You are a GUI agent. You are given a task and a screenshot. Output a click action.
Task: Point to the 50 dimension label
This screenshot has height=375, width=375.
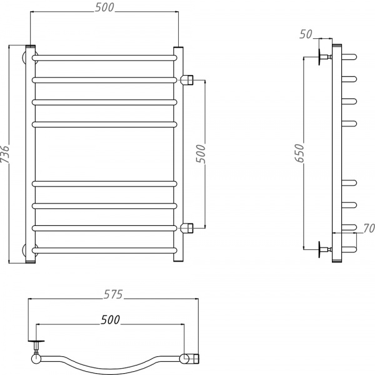click(x=306, y=34)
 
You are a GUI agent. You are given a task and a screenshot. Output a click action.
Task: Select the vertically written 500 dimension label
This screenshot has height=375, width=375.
click(x=201, y=153)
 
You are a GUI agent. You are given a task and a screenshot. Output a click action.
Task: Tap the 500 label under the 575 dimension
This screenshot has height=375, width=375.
click(x=110, y=319)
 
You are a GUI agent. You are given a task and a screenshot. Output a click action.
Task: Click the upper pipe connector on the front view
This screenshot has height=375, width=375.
click(x=188, y=80)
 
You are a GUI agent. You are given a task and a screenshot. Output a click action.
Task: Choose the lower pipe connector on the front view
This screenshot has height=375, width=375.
click(x=188, y=227)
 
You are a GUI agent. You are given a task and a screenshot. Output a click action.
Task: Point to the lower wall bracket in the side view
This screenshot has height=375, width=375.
click(x=324, y=250)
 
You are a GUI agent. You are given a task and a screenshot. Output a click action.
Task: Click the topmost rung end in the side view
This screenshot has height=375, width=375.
click(x=350, y=58)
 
